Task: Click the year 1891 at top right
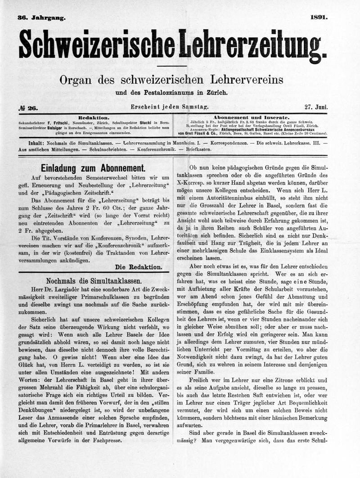point(319,18)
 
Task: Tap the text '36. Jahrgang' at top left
point(41,18)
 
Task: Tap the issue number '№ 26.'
point(28,108)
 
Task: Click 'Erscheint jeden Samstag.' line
point(169,108)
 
